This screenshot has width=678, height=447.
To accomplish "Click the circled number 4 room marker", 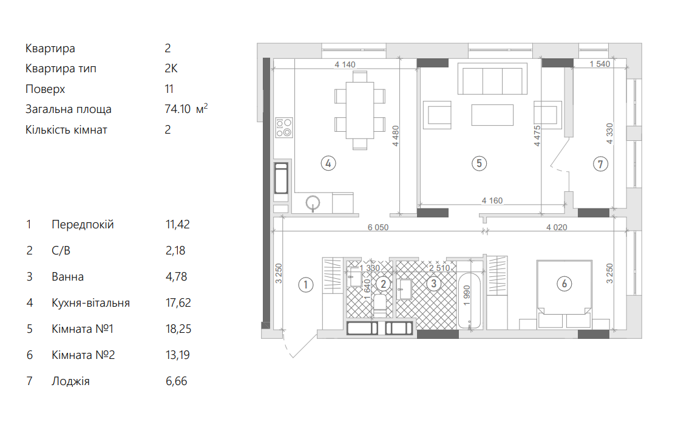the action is (328, 163).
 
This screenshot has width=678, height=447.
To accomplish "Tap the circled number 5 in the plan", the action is (479, 163).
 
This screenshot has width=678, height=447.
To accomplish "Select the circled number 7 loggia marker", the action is (600, 164).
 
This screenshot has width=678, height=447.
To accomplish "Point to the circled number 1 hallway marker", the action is (306, 285).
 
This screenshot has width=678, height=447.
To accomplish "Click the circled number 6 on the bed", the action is (564, 284).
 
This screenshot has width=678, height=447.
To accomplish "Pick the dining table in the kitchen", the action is (360, 110).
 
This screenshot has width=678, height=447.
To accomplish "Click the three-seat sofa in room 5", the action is (492, 78).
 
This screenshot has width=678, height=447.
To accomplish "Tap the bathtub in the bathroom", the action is (469, 301).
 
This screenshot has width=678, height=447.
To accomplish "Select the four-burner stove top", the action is (284, 128).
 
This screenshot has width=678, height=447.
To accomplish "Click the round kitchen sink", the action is (313, 202).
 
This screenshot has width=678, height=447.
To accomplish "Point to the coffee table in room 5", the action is (492, 115).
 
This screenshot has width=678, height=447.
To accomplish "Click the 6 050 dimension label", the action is (378, 227).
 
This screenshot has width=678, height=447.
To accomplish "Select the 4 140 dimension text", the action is (345, 64).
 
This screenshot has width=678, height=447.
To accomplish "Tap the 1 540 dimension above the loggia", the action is (600, 64).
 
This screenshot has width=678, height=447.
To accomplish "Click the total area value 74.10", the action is (177, 109).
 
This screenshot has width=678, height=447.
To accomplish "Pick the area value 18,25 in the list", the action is (178, 329).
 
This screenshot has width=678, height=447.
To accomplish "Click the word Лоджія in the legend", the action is (70, 381).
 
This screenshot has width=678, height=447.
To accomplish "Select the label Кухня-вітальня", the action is (91, 303).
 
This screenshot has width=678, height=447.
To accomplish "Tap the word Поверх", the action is (45, 89).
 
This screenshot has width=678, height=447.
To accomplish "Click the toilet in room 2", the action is (380, 304).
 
